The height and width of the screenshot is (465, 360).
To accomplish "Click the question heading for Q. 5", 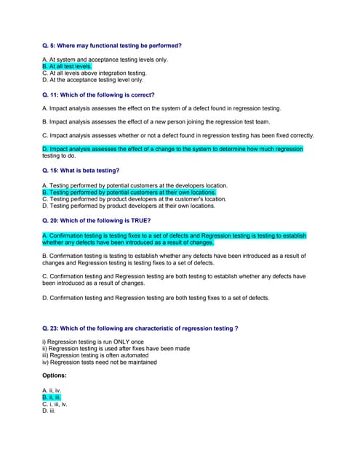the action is coord(112,46).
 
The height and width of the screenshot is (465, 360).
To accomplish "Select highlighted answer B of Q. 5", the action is coord(67,66).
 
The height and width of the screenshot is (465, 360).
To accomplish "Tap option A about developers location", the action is coord(135,185).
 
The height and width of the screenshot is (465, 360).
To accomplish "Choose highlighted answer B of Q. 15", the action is coord(129,193).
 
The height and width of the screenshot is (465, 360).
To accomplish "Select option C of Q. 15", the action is coord(135,199).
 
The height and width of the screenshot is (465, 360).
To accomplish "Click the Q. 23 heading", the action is coord(140,328).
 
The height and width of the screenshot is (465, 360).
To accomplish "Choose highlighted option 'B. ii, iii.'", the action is coord(51,397).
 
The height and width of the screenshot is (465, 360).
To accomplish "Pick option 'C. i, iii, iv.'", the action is coord(55,404).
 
